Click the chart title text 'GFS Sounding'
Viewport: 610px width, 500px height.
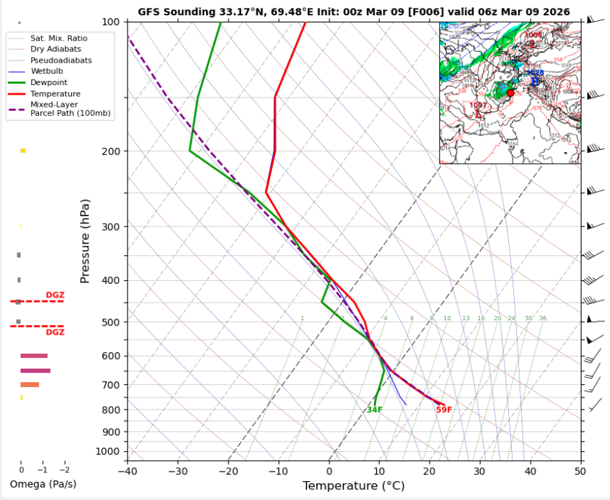tap(171, 12)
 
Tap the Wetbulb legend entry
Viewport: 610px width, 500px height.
tap(45, 71)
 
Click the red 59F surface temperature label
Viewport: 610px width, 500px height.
tap(444, 410)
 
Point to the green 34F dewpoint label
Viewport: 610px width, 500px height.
tap(375, 410)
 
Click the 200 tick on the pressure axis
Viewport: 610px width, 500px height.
tap(111, 151)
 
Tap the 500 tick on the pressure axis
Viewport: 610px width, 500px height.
tap(111, 322)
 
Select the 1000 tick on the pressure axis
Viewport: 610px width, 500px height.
tap(108, 452)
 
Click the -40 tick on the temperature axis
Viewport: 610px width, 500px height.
tap(127, 471)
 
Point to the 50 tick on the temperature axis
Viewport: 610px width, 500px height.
tap(580, 471)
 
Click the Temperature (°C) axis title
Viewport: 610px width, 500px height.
tap(354, 485)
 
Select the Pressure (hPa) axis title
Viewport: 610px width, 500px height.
tap(85, 241)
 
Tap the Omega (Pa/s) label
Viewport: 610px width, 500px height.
tap(42, 484)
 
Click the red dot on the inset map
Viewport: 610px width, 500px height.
tap(510, 93)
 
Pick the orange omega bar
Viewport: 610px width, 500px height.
tap(29, 385)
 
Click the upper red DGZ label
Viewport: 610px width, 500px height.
tap(55, 296)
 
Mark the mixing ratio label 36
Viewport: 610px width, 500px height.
tap(542, 319)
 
